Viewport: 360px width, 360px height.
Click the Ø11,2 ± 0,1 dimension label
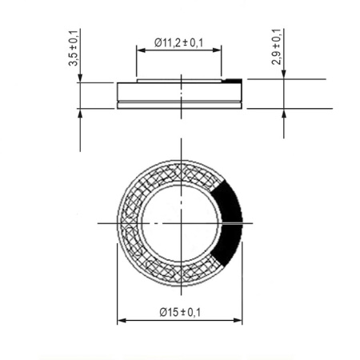(x=178, y=42)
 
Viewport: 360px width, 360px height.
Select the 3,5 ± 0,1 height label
(x=74, y=48)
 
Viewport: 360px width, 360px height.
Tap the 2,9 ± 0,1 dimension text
(x=276, y=47)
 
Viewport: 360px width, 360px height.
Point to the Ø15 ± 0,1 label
(x=180, y=312)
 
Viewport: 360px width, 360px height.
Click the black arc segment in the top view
(x=230, y=222)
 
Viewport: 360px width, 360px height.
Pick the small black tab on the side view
(x=234, y=80)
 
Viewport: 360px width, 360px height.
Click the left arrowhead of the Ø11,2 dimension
(x=141, y=50)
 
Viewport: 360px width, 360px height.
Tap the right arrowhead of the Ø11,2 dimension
(x=217, y=50)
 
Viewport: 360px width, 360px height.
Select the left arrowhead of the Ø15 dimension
(x=122, y=320)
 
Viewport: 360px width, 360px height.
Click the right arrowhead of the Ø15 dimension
(x=238, y=320)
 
